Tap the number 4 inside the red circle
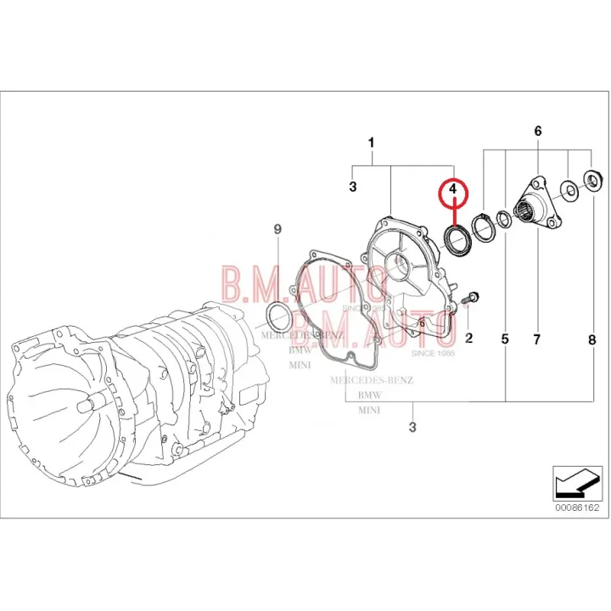(x=454, y=188)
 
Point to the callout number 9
(x=277, y=230)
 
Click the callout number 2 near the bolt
(x=468, y=339)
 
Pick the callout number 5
(x=505, y=339)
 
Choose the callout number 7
(x=536, y=339)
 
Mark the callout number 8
(x=591, y=339)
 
